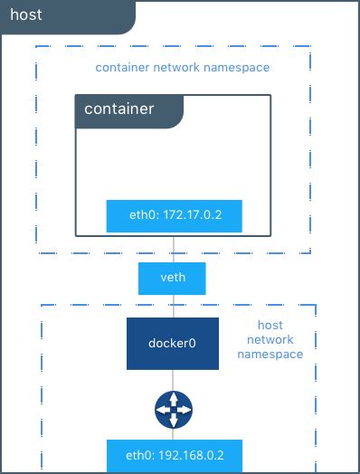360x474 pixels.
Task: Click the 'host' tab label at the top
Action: (26, 15)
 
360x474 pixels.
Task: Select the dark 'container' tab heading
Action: (118, 109)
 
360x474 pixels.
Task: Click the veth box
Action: (172, 277)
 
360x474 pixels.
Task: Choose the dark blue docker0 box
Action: (172, 344)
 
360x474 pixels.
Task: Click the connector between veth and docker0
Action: (173, 306)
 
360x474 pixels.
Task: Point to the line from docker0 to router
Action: (173, 381)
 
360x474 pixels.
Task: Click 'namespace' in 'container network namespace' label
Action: (238, 68)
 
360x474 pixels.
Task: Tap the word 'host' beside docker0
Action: (270, 325)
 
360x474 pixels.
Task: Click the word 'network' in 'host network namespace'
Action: (270, 339)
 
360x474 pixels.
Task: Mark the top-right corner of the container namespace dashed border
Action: (309, 46)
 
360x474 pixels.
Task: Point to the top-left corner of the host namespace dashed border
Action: (42, 305)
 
